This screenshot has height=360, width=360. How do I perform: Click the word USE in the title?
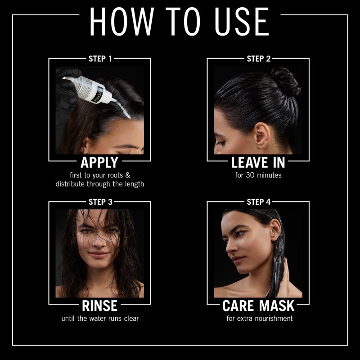[242, 21]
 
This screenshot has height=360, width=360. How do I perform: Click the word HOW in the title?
[121, 21]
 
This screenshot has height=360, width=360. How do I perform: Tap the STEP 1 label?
[100, 59]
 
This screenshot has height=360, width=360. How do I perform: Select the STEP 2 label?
[258, 59]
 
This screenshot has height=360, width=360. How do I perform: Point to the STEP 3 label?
[100, 202]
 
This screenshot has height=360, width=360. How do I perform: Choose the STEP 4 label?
[259, 202]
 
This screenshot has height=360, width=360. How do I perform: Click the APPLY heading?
[99, 162]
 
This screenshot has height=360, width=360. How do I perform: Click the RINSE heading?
[99, 306]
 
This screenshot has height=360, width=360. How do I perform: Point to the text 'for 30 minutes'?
[258, 175]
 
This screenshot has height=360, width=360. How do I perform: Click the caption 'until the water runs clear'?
[100, 319]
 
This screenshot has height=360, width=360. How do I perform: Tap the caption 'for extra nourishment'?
[260, 319]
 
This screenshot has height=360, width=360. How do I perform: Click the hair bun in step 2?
[285, 81]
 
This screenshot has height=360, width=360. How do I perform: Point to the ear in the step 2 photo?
[262, 136]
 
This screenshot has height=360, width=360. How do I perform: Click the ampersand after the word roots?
[128, 175]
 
